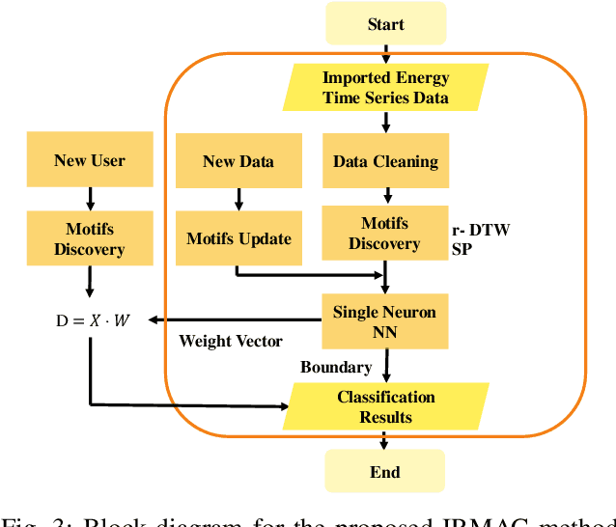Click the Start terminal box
(385, 24)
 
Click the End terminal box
(384, 473)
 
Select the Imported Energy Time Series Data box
(385, 88)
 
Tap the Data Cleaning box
(385, 162)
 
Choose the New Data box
(238, 162)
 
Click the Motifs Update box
(238, 238)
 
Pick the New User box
(89, 161)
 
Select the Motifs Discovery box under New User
(89, 238)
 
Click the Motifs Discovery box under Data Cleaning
(385, 233)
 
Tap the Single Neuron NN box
(385, 321)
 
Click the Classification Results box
(385, 406)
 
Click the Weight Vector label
(231, 341)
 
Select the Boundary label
(336, 367)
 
